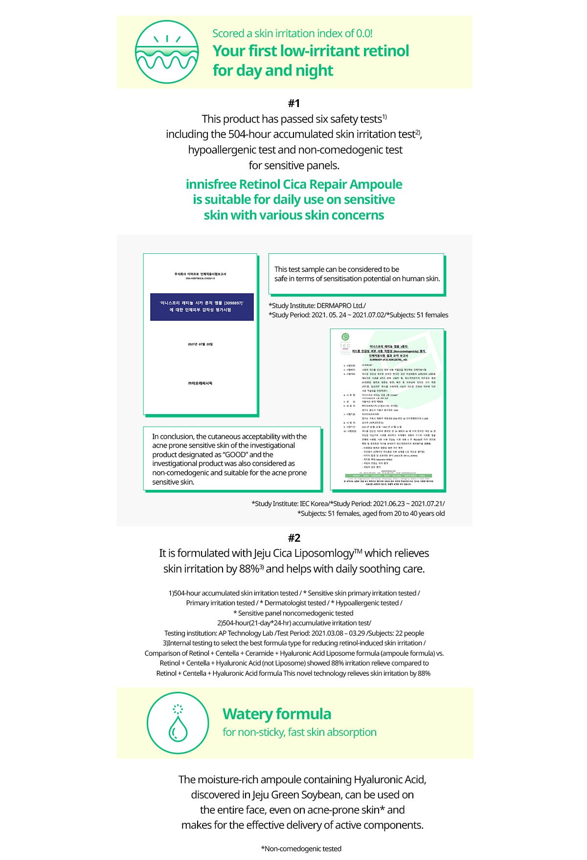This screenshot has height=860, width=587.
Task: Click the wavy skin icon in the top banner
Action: [167, 52]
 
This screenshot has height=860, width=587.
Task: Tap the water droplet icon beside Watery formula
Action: [178, 723]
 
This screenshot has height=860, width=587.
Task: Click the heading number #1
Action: [294, 103]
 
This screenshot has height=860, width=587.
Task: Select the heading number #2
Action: [294, 538]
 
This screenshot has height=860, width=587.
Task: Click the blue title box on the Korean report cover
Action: [202, 307]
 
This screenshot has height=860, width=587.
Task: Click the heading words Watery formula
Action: [277, 714]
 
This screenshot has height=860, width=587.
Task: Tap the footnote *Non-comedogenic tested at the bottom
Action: [301, 849]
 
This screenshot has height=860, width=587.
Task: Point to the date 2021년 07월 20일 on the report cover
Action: [200, 344]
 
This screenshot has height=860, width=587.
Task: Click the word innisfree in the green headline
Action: [211, 184]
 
